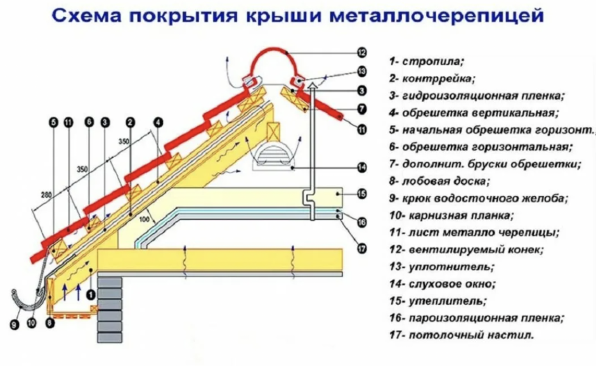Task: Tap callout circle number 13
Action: (x=362, y=71)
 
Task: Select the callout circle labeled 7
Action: (x=362, y=108)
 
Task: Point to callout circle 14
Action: (x=362, y=167)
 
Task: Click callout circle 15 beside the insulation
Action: (x=362, y=193)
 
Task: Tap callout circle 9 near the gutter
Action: (x=13, y=325)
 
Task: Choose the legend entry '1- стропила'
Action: (x=427, y=62)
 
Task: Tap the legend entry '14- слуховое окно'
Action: (x=442, y=284)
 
